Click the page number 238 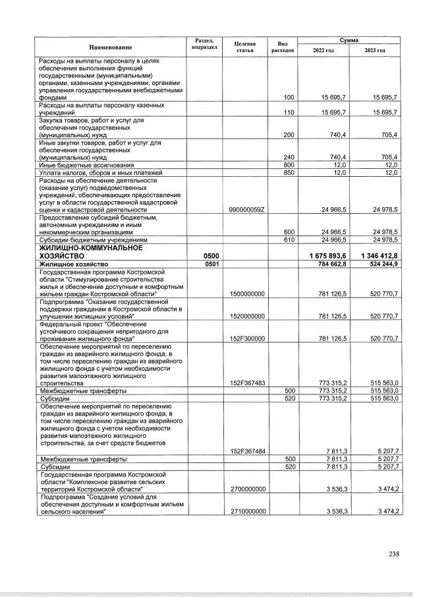[x=393, y=553]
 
